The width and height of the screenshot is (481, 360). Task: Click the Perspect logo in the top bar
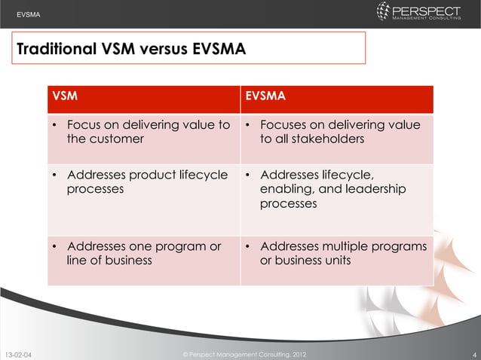418,12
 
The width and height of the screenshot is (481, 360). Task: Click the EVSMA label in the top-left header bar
29,14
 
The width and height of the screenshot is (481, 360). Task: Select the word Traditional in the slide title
55,50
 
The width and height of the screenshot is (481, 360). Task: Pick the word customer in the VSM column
118,139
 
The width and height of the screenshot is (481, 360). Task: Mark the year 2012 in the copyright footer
296,353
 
